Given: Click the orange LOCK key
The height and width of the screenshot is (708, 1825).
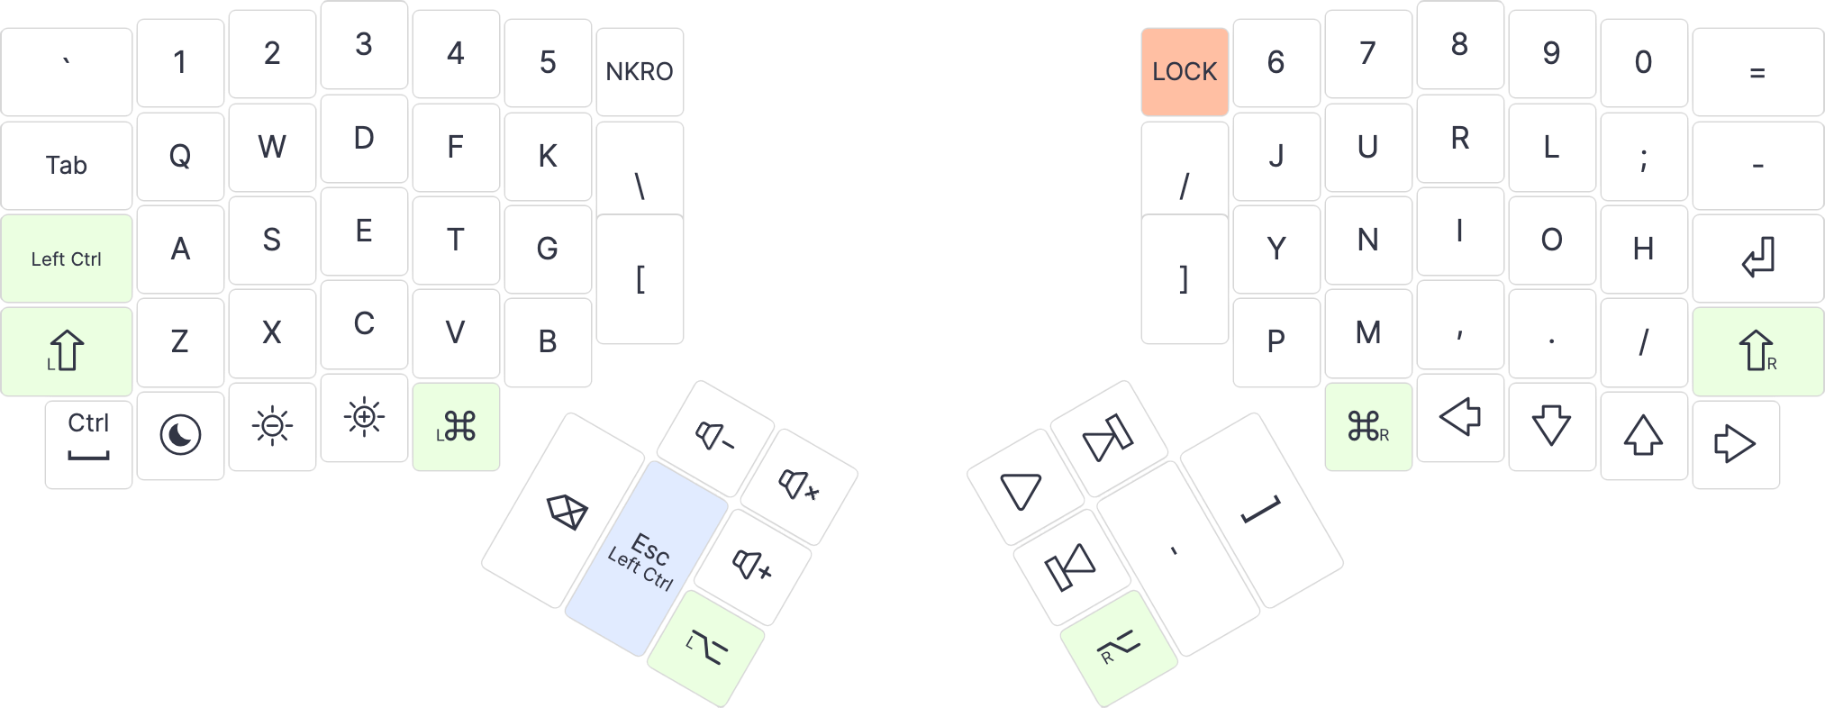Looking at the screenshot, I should (1184, 71).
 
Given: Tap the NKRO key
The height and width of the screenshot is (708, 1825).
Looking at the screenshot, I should (640, 71).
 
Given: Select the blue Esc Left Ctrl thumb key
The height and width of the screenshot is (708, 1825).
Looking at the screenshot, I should (645, 558).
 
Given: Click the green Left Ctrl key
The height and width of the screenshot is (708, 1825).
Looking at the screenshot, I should (67, 259).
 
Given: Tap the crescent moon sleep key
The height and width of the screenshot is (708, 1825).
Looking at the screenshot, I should (180, 435).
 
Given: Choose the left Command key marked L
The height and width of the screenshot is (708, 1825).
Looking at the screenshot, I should (456, 426).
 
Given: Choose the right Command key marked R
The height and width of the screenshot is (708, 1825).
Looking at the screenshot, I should (1367, 426).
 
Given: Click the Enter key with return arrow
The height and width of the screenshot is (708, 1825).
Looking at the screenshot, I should (1757, 258).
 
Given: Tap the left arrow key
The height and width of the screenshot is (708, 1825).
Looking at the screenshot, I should (1460, 417).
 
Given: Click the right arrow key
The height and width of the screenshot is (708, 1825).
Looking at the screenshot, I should (1735, 444).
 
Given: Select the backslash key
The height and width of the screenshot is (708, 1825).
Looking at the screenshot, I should (640, 185).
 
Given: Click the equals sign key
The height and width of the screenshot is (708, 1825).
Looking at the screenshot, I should (1757, 72).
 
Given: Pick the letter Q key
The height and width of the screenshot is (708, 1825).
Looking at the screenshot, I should (180, 156).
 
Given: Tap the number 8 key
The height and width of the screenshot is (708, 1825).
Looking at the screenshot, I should (1459, 44).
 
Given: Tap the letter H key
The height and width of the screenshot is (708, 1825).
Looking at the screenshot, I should (1643, 249).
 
